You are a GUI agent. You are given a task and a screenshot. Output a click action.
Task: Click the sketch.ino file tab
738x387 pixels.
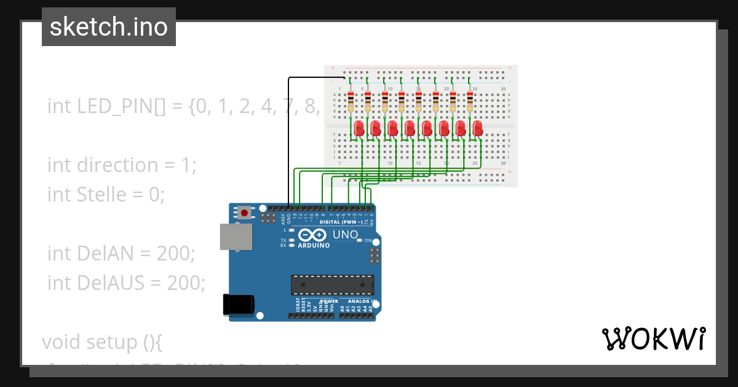[109, 27]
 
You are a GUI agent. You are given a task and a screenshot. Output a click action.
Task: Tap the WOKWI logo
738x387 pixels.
[653, 338]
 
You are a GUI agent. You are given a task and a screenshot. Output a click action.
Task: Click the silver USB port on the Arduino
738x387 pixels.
[236, 237]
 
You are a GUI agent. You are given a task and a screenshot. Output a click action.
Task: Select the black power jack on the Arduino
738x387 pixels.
[239, 305]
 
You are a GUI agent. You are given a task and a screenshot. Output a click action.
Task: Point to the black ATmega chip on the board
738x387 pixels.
[332, 285]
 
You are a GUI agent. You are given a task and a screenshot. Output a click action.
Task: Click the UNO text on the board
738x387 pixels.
[345, 235]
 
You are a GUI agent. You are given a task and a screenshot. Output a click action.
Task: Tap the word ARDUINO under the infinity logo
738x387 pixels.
[314, 245]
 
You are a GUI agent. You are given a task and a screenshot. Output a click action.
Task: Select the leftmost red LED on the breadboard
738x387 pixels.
[359, 128]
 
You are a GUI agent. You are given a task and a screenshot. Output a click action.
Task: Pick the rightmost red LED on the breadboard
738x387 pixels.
[478, 128]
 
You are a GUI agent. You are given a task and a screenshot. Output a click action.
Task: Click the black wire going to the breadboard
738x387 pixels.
[288, 141]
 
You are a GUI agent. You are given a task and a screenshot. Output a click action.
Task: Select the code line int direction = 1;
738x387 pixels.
[122, 165]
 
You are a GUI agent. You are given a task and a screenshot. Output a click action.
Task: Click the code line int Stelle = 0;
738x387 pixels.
[106, 195]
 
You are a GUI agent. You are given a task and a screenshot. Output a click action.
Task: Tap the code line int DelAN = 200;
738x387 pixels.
[121, 253]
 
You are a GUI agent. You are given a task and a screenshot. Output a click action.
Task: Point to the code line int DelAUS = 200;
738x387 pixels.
[126, 283]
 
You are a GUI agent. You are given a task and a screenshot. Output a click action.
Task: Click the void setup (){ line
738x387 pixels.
[101, 342]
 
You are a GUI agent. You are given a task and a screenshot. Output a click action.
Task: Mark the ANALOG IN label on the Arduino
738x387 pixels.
[361, 302]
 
